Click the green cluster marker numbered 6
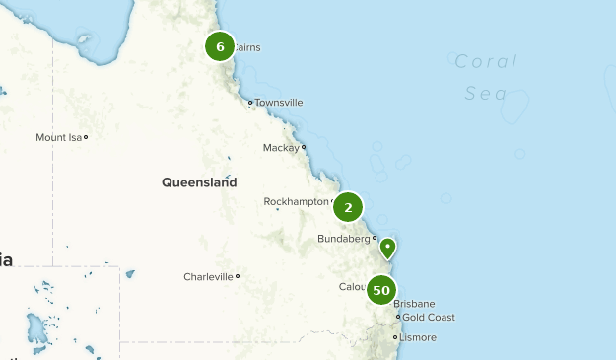click(220, 46)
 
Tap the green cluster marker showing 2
click(348, 207)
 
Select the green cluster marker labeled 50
click(381, 290)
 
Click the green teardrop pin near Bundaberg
click(388, 247)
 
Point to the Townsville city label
click(279, 103)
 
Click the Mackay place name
click(281, 148)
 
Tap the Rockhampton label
click(296, 201)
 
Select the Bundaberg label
click(343, 239)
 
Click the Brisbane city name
click(414, 304)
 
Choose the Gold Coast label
click(429, 318)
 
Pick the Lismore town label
click(418, 337)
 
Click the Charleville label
click(208, 277)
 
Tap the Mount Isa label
click(58, 137)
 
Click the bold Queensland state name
click(199, 182)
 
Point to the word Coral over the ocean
click(486, 62)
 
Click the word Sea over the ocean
click(486, 94)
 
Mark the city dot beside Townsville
click(250, 102)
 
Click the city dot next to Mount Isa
click(86, 137)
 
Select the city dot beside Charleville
click(238, 276)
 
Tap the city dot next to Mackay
click(304, 147)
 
